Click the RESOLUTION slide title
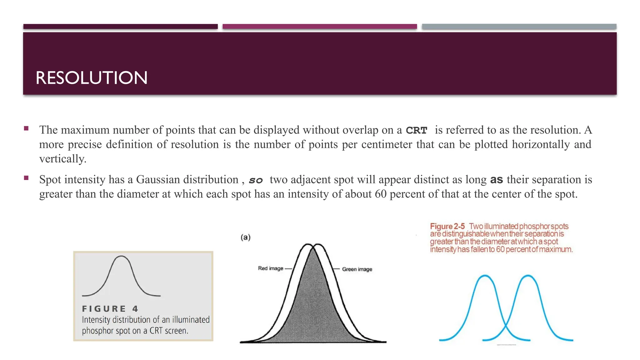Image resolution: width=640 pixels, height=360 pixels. coord(91,78)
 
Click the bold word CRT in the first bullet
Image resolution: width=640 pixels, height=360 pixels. coord(416,130)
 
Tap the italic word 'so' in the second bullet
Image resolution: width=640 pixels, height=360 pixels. coord(256,180)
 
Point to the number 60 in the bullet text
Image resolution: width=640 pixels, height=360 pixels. coord(381,194)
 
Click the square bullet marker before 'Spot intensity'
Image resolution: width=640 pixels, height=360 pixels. coord(26,178)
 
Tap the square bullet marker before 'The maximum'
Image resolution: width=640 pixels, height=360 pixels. coord(26,128)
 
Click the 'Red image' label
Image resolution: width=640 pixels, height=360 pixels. coord(270,268)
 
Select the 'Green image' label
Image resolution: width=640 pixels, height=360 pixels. coord(357,269)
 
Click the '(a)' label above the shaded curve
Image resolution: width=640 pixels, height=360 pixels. coord(246,237)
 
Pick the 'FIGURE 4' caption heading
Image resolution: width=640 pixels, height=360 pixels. coord(110,309)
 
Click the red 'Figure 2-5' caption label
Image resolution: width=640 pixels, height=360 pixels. coord(447,226)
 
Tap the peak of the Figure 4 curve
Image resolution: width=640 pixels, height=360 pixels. coord(121,256)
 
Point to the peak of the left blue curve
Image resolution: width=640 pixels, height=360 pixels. coord(485,275)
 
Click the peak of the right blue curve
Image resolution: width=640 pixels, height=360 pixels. coord(528,275)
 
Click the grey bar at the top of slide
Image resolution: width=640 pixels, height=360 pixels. coord(519,27)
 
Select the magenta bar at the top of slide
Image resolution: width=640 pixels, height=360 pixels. coord(320,27)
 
